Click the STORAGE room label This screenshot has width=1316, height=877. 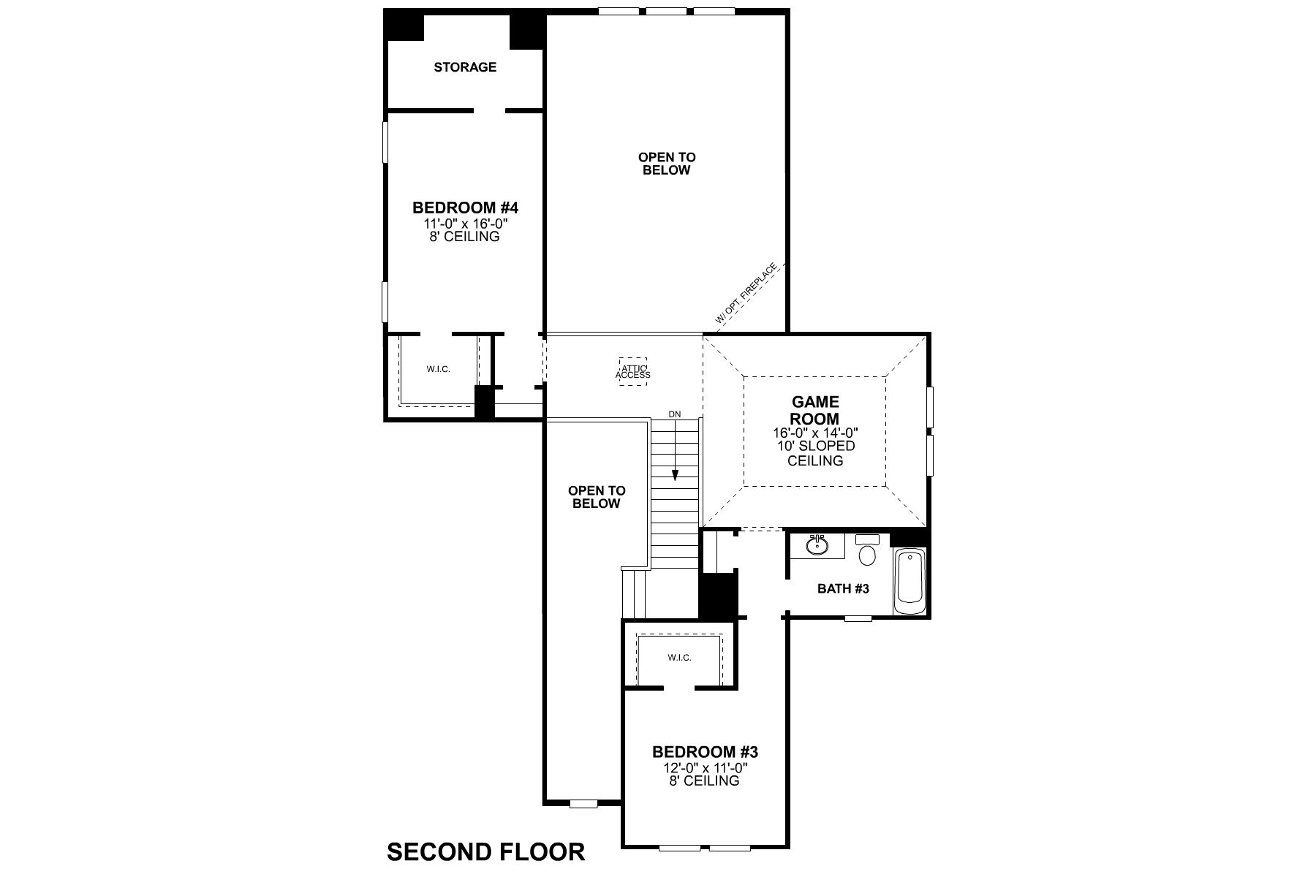[x=465, y=67]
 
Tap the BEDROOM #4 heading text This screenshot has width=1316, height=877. [x=465, y=208]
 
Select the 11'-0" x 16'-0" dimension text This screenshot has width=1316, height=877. [x=465, y=223]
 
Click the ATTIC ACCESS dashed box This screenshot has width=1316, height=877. [x=632, y=371]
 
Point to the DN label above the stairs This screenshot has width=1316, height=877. [x=674, y=414]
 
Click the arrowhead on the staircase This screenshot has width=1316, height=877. [x=675, y=475]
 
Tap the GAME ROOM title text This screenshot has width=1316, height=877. [x=815, y=411]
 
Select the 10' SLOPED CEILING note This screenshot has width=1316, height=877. [x=815, y=453]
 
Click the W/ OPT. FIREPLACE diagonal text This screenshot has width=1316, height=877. [x=746, y=294]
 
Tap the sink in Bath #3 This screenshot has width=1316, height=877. [x=817, y=545]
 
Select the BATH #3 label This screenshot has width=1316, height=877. [x=843, y=588]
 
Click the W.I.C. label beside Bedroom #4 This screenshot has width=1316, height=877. [x=438, y=369]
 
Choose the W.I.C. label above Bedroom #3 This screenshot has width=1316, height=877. [x=679, y=658]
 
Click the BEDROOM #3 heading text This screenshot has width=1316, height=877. [x=705, y=752]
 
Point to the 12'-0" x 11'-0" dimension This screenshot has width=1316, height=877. [x=705, y=768]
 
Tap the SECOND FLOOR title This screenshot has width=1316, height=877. [x=485, y=852]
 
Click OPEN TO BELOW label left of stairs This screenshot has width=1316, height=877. [x=597, y=497]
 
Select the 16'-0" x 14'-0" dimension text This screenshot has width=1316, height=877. [x=815, y=433]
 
